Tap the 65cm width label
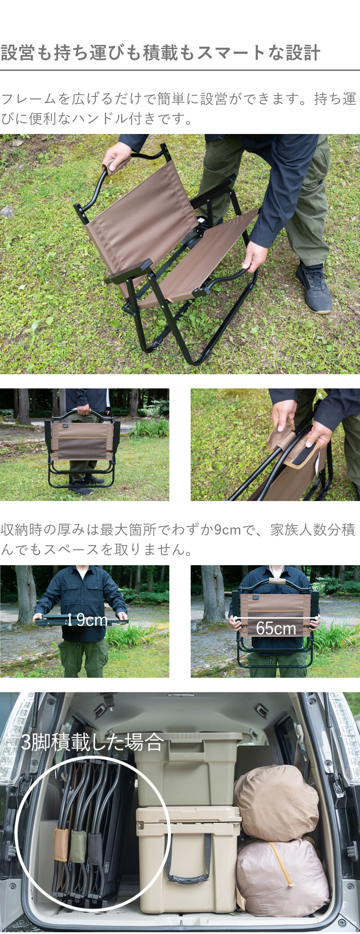click(x=276, y=628)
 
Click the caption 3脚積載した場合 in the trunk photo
click(x=92, y=742)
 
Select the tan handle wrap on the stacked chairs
click(x=61, y=845)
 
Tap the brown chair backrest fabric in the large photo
click(x=142, y=210)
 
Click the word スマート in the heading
click(x=231, y=53)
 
